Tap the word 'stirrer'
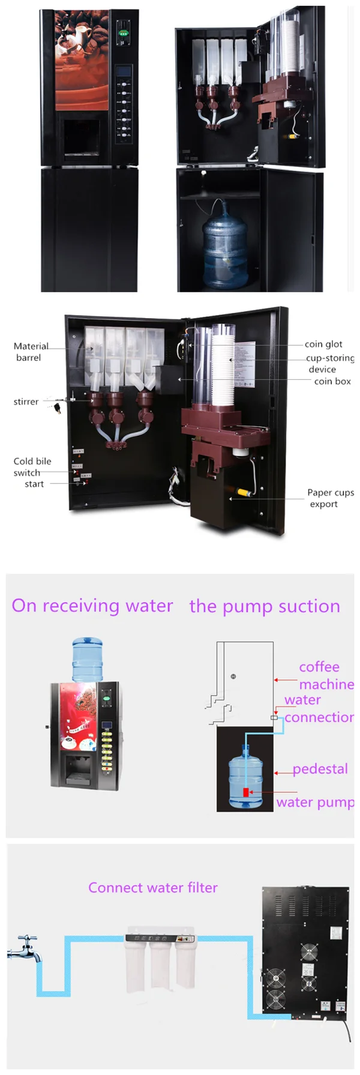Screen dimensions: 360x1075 coord(26,402)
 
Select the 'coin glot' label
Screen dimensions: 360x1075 coord(323,344)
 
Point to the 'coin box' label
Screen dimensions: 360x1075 coord(332,381)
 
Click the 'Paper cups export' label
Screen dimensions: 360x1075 coord(329,498)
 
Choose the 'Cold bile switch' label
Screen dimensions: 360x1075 coord(32,466)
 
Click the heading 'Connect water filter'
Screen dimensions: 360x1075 coord(153,888)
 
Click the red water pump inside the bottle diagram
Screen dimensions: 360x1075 coord(246,792)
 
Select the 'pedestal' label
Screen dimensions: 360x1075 coord(320,769)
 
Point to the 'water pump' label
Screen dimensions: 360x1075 coord(315,802)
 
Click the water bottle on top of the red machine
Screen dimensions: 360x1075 coord(88,659)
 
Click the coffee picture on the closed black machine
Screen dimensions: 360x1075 coord(82,60)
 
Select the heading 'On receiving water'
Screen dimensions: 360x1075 coord(92,606)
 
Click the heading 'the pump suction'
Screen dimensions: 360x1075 coord(265,606)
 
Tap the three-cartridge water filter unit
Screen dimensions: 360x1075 coord(160,960)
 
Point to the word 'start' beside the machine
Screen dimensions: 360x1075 coord(34,484)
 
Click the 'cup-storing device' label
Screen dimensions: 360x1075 coord(329,363)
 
